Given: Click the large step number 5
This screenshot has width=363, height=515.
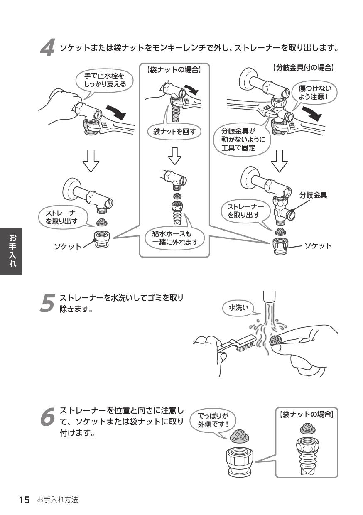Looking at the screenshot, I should point(48,303).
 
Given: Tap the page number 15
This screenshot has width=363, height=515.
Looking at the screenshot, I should point(24,500).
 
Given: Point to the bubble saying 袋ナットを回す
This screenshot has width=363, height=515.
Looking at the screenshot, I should point(174,132).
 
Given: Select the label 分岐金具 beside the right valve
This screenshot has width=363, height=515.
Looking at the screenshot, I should point(313,195).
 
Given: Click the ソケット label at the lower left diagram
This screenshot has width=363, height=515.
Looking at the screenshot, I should point(68,247).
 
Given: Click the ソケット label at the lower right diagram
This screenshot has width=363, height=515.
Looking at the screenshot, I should point(318,245).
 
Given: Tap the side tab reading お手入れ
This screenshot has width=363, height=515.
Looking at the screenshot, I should point(11,250).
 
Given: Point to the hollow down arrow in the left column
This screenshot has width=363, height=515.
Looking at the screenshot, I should point(90,160).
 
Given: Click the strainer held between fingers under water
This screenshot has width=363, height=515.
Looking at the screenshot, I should point(275,340).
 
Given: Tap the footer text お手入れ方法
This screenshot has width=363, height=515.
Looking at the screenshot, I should point(57,500).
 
